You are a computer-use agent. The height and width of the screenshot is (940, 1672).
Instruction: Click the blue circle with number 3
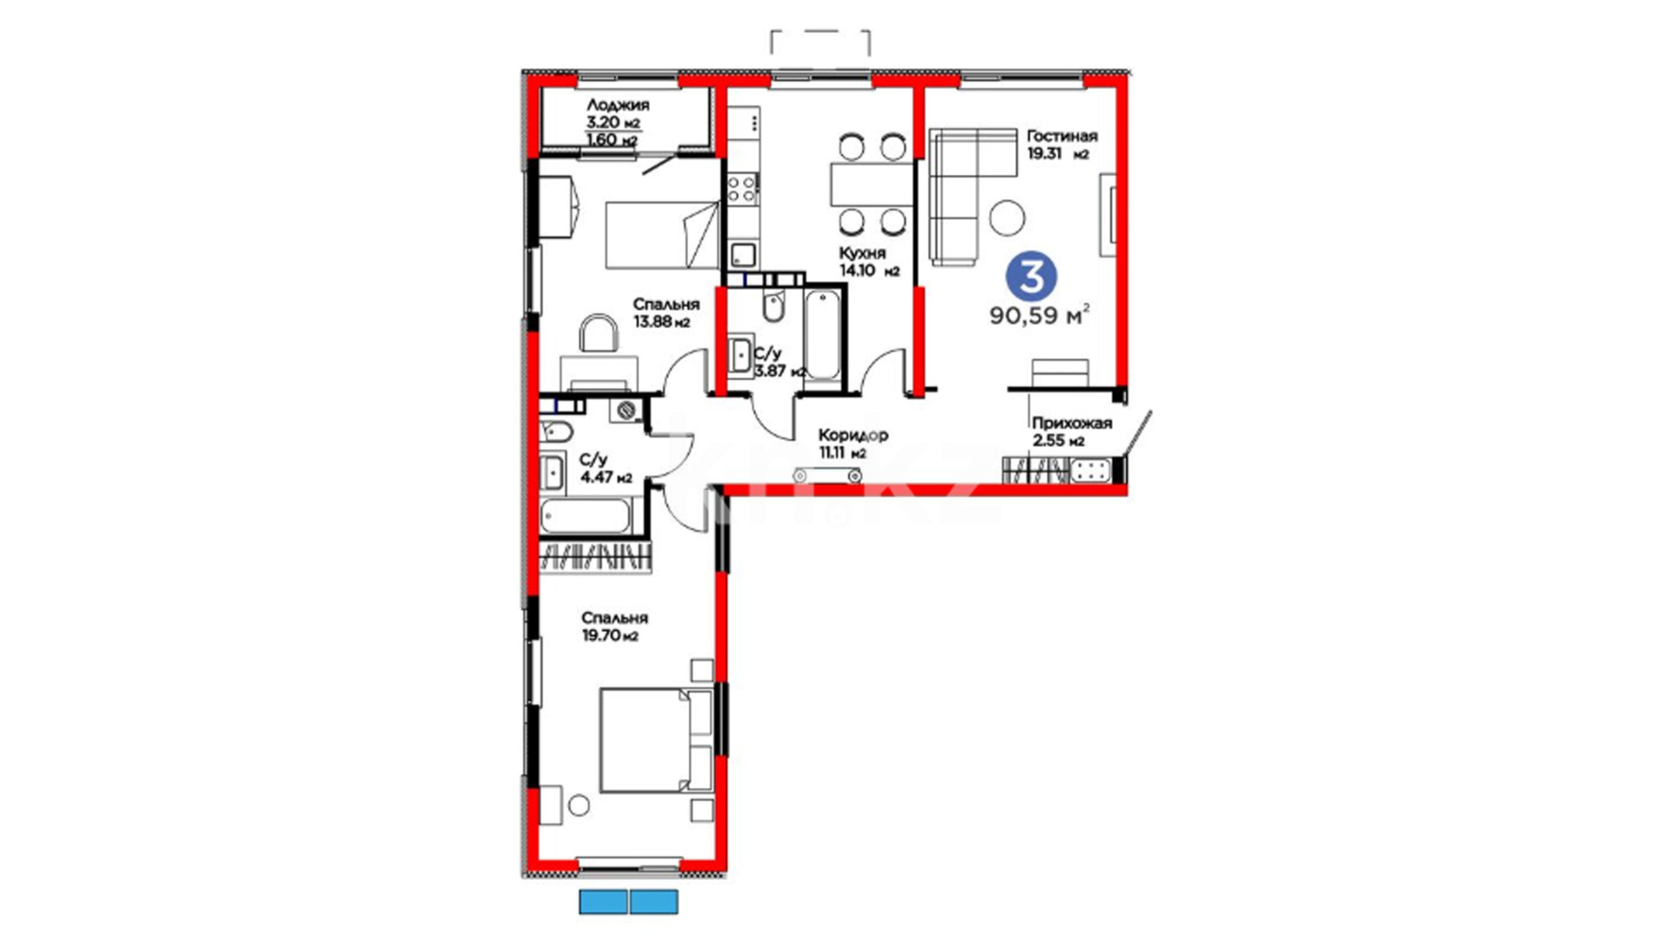(x=1032, y=277)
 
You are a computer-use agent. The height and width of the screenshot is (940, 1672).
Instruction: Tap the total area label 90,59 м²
(x=1040, y=315)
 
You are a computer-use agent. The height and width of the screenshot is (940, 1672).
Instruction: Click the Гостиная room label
(x=1062, y=136)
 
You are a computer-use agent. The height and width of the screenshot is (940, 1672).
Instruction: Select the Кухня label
(x=862, y=252)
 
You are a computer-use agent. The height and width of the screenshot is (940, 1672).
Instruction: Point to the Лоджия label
(x=617, y=104)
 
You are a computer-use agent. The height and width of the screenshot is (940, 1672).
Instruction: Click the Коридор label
(x=853, y=434)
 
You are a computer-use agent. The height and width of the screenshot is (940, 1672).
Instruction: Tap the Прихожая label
(x=1072, y=423)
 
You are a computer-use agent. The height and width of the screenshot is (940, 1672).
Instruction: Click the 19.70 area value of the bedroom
(x=601, y=635)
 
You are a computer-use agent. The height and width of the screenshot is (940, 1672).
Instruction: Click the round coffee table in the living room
(x=1008, y=218)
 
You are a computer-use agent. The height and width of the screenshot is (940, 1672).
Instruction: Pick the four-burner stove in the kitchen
(x=742, y=188)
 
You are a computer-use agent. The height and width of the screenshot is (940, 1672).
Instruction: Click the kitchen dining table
(x=872, y=184)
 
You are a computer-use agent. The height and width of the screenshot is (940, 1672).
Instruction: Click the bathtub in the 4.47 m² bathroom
(x=585, y=515)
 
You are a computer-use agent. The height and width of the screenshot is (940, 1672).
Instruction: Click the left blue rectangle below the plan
(x=603, y=902)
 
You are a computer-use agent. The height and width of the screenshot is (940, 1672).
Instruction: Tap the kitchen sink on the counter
(x=743, y=255)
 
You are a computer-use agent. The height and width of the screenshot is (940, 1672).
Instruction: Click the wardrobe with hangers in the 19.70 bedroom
(x=595, y=556)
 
